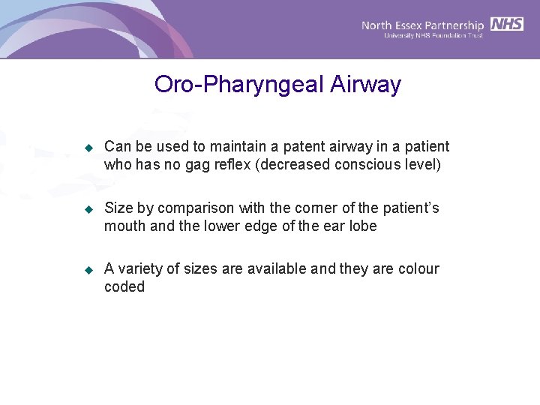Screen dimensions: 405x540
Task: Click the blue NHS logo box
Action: pos(507,24)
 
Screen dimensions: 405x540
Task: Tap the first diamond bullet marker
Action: pos(88,147)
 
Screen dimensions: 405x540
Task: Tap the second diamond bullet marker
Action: pos(88,208)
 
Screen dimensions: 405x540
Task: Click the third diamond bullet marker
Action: pos(88,269)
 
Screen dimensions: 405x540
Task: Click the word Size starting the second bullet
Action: pos(118,208)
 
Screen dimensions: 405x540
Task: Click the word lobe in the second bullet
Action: pos(361,226)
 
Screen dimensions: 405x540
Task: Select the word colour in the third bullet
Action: pos(419,268)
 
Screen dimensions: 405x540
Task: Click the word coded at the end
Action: pos(124,286)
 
